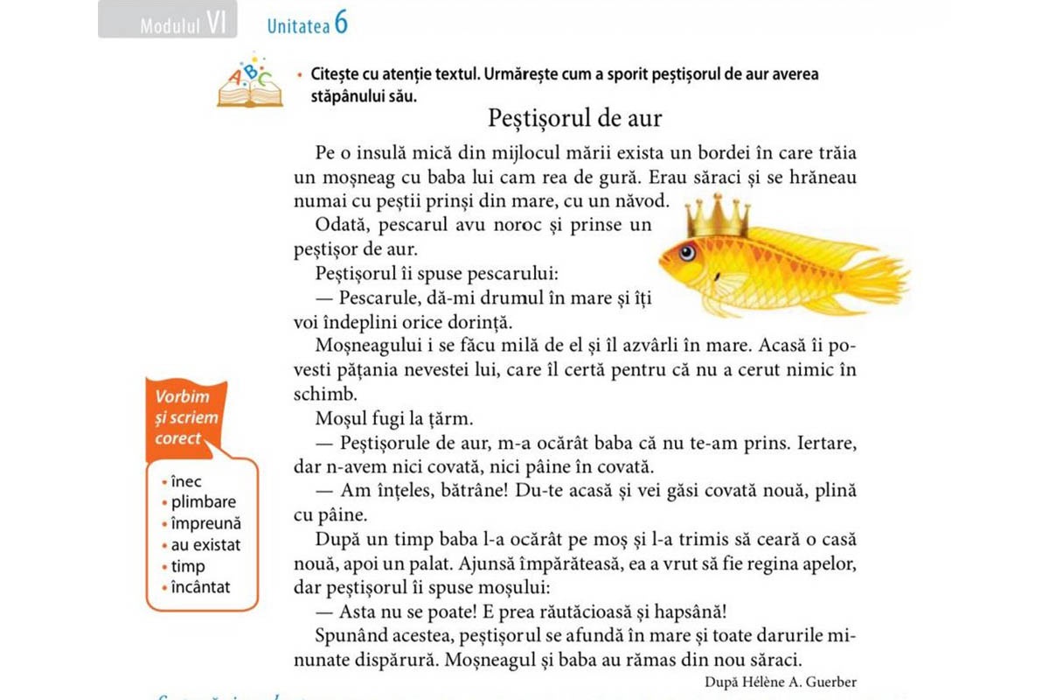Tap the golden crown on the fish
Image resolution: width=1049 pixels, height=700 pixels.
717,215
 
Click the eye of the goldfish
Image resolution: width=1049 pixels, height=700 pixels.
686,253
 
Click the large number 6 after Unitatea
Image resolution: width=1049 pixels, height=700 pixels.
340,24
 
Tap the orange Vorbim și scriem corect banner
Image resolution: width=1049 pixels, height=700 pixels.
185,417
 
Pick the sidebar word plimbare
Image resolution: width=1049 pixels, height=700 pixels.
203,502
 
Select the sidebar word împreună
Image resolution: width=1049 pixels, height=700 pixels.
205,523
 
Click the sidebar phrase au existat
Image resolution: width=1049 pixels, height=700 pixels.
205,545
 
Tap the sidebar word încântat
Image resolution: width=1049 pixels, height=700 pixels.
201,587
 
